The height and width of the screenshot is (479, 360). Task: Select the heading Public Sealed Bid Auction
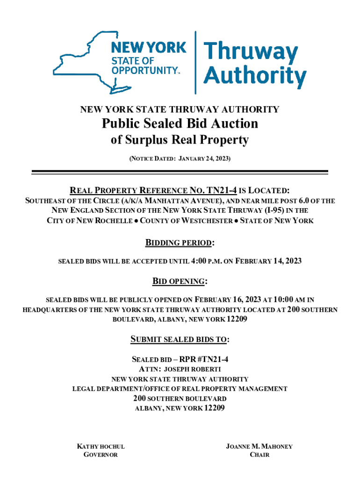pos(180,123)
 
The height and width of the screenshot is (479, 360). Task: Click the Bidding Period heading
pos(180,243)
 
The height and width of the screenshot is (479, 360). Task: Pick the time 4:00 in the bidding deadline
pos(200,261)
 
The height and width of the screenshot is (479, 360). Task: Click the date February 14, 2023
pos(271,261)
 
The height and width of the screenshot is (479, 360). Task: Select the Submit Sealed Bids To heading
pos(180,339)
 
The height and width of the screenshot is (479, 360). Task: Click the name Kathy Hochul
pos(101,446)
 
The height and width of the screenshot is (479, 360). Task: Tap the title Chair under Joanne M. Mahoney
pos(259,455)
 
